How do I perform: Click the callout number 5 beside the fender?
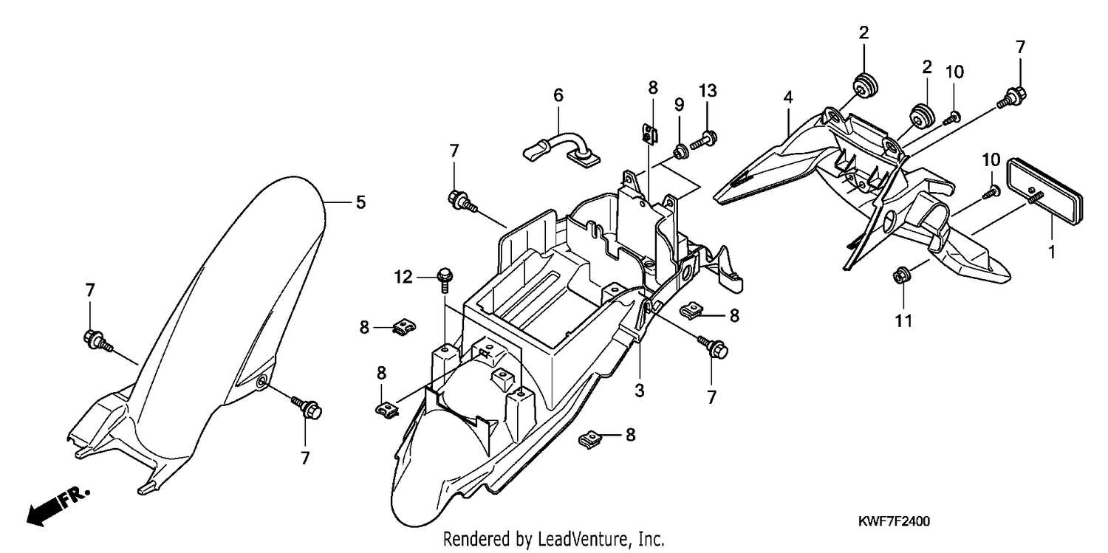pos(360,202)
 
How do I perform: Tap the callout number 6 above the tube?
pos(558,95)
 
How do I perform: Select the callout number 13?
pos(708,91)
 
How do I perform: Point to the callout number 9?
pos(679,105)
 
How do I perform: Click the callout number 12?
pos(403,278)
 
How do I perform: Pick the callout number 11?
pos(903,321)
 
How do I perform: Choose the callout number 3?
pos(639,391)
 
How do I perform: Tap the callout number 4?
pos(788,97)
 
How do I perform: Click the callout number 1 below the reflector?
pos(1052,252)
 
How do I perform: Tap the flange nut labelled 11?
pos(900,275)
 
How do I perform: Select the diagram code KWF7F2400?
pos(894,521)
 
